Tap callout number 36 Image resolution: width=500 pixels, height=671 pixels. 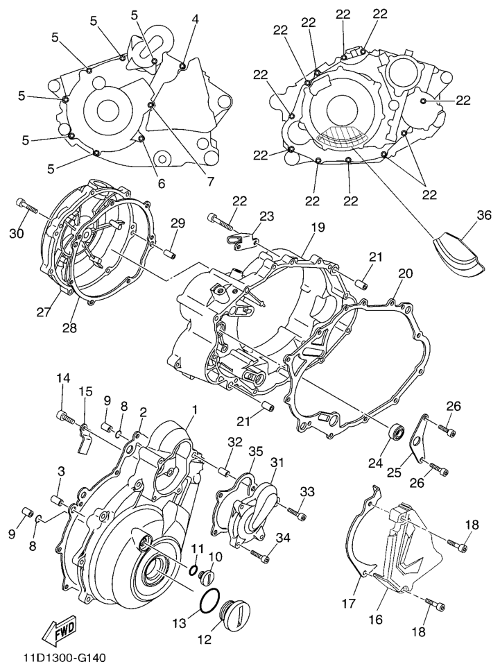484,216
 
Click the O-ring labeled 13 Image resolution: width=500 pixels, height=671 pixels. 210,599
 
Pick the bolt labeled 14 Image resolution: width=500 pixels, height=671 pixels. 65,415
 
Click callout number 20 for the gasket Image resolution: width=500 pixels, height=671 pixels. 406,273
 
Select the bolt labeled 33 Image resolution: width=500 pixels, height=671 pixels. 297,513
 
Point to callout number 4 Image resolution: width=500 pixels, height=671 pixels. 195,19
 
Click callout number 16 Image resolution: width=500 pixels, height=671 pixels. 377,619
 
